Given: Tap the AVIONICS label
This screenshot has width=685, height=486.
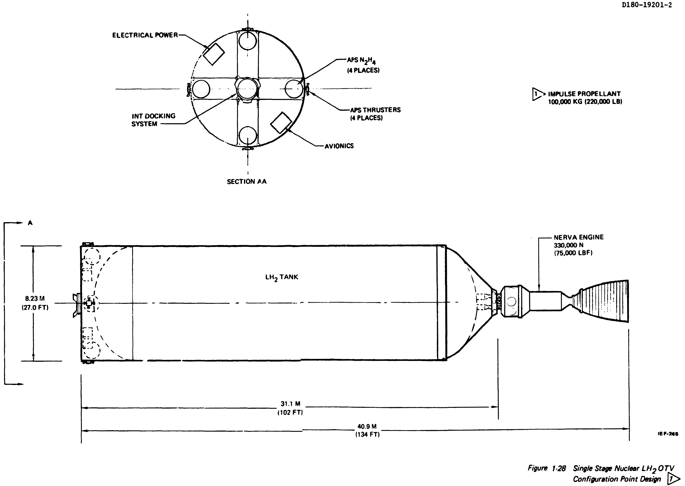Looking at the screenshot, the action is (339, 146).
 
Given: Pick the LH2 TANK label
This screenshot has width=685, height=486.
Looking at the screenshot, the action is (282, 277).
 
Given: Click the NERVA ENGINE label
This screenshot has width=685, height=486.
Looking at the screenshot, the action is (579, 245).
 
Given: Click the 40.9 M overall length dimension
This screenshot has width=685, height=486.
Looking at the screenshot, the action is (367, 430).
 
